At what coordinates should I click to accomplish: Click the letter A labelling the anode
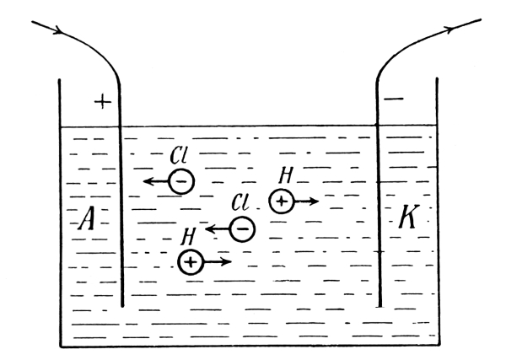pos(87,218)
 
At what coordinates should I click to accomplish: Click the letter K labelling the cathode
pos(409,216)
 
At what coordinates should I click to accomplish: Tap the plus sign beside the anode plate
pos(103,102)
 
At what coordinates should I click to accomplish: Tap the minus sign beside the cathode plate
pos(394,99)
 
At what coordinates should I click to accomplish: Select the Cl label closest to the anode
pos(179,155)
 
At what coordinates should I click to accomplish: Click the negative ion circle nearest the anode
pos(181,181)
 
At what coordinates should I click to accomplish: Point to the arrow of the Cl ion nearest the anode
pos(156,181)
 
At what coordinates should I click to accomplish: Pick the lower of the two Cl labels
pos(240,202)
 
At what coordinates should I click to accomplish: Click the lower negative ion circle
pos(243,229)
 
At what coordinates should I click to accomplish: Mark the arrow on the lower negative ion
pos(218,229)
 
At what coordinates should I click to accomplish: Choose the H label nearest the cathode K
pos(286,175)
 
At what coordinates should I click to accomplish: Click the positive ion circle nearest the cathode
pos(282,201)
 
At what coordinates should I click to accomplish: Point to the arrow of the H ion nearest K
pos(307,201)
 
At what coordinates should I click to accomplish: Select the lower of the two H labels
pos(188,236)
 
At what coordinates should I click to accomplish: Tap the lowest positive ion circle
pos(191,262)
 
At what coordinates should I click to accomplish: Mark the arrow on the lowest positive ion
pos(218,261)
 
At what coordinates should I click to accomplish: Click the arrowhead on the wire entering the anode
pos(58,30)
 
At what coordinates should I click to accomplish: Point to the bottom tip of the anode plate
pos(122,306)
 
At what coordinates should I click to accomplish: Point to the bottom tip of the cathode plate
pos(380,306)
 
